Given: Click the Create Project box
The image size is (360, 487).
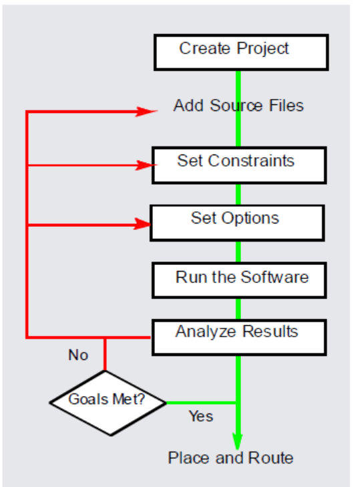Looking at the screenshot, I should tap(241, 52).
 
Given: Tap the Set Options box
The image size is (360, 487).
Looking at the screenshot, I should tap(237, 222).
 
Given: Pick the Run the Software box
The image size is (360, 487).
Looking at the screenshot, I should tap(239, 280).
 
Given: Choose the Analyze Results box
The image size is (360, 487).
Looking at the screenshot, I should tap(239, 337).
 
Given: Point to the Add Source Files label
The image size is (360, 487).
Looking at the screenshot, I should tap(238, 106).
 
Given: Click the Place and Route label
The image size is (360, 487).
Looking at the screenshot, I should tap(230, 458).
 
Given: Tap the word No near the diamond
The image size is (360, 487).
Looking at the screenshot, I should tap(78, 355).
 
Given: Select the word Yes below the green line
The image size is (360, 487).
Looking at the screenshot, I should tap(200, 416).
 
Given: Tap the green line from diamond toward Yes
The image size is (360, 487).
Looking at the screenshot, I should tap(200, 403).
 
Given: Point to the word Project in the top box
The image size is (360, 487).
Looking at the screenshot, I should tap(264, 48).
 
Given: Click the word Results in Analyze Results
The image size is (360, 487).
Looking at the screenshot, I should tap(273, 331).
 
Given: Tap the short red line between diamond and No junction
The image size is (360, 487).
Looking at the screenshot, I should tap(105, 355).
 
